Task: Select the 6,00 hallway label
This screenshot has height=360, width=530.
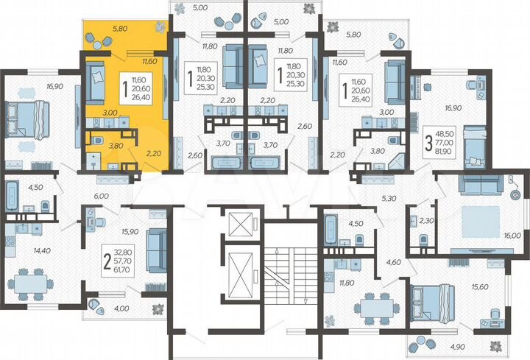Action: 102,196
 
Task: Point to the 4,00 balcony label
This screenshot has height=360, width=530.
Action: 121,308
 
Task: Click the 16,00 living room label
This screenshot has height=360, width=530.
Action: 512,236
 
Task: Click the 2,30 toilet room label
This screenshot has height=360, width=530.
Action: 426,219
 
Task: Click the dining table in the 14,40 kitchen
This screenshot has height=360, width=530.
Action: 31,283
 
